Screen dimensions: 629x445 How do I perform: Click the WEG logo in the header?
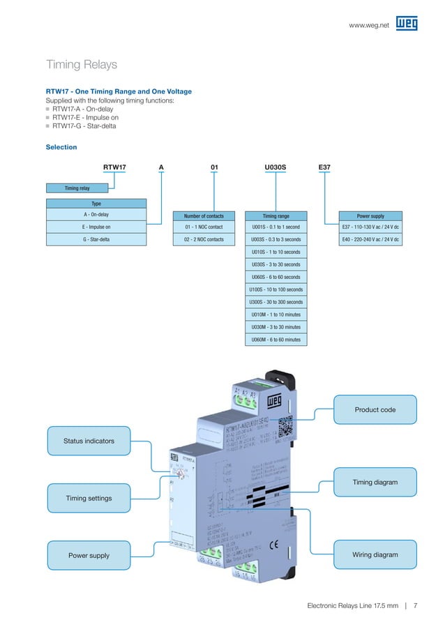407,24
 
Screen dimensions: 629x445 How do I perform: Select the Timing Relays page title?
81,65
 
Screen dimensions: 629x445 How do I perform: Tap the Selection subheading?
61,147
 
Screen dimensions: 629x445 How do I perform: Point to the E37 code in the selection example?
324,167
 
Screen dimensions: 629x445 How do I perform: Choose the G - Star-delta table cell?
96,239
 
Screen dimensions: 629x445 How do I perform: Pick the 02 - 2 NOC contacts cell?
204,239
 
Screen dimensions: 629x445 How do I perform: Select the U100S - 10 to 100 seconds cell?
276,289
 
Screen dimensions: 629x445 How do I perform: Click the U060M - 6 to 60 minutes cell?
276,340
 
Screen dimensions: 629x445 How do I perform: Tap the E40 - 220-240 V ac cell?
370,239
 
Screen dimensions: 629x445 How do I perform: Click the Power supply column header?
370,215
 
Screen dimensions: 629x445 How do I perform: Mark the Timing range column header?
276,215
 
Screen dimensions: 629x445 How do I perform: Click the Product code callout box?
375,409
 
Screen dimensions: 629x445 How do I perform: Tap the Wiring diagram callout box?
375,555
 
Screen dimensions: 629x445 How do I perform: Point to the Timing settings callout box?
89,498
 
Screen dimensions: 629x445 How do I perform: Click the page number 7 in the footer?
415,605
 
